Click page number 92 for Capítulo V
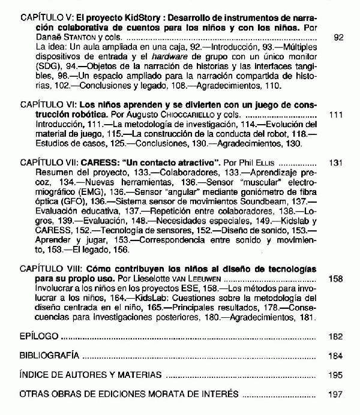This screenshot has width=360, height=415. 338,37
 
